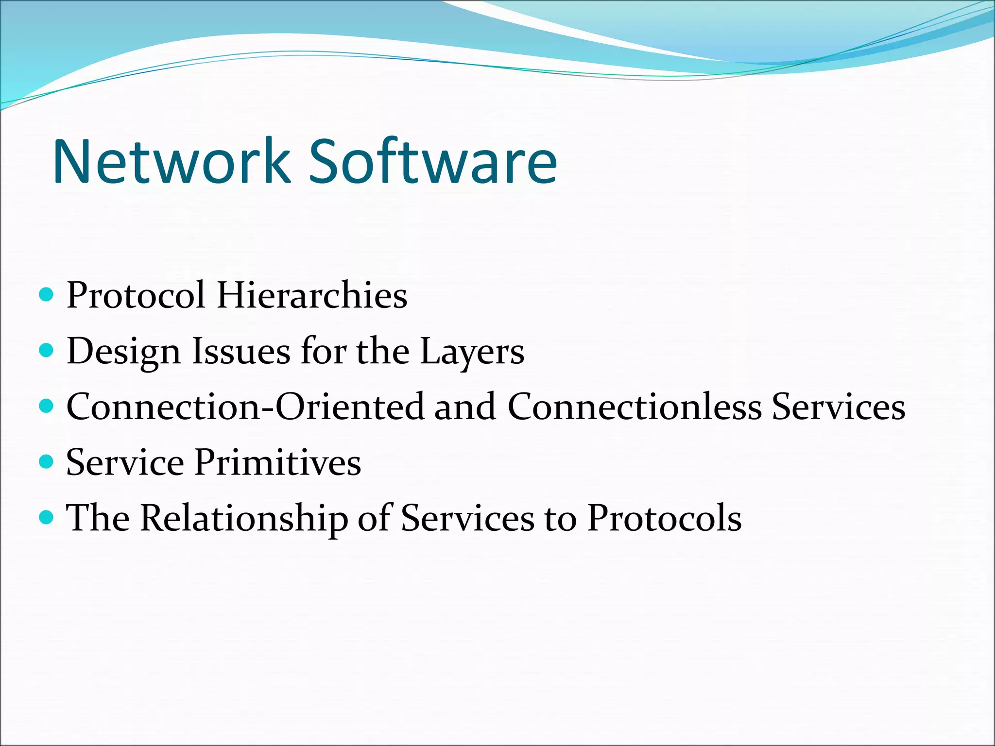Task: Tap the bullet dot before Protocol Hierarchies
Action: point(46,294)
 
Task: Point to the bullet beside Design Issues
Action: point(46,350)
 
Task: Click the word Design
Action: point(123,352)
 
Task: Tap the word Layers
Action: point(472,352)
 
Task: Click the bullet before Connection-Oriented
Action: point(46,406)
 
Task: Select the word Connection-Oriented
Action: point(244,407)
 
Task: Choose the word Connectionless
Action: point(635,407)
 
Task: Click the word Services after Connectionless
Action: point(839,407)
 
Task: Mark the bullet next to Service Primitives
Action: point(46,461)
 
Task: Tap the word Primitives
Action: point(278,462)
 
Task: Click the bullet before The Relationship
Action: point(46,517)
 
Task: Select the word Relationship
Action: point(244,519)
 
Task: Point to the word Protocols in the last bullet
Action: point(664,518)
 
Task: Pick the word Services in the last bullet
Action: point(467,518)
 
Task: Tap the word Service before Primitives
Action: point(125,462)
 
